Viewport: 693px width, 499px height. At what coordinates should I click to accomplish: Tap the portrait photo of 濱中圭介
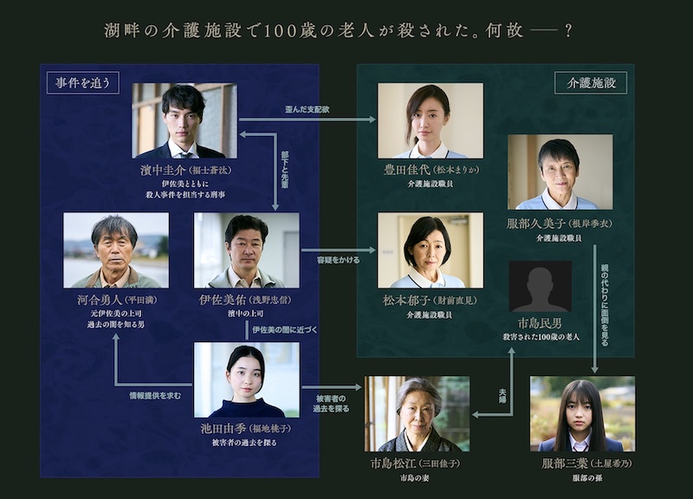(x=185, y=120)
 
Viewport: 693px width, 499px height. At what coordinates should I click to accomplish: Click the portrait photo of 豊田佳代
(x=431, y=120)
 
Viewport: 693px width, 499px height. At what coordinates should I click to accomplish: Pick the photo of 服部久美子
(x=560, y=172)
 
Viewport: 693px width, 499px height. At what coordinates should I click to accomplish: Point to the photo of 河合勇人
(x=116, y=249)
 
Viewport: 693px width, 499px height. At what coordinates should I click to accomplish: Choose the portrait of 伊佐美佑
(x=247, y=249)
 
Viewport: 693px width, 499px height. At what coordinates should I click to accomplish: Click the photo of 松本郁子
(x=431, y=249)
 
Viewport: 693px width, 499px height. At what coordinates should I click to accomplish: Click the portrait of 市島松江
(x=418, y=413)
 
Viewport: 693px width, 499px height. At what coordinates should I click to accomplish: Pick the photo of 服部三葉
(x=582, y=413)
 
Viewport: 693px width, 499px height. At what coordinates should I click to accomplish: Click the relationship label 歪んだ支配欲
(x=307, y=110)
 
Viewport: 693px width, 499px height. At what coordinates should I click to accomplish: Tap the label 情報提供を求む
(x=156, y=396)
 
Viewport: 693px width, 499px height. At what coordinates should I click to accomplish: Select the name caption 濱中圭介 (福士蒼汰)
(x=185, y=172)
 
